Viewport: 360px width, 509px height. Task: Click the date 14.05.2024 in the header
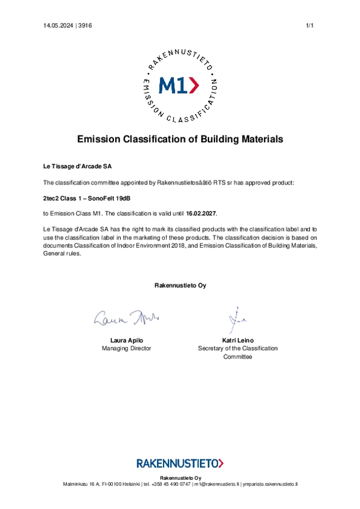pos(58,25)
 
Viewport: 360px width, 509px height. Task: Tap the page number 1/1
pos(309,25)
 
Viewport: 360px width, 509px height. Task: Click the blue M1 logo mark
pos(180,86)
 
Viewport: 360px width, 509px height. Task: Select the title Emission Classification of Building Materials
pos(180,139)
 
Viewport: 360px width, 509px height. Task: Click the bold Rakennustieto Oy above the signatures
pos(180,285)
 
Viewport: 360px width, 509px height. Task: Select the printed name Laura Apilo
pos(127,340)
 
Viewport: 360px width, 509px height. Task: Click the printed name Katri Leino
pos(238,340)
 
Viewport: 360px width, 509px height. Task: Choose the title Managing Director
pos(127,348)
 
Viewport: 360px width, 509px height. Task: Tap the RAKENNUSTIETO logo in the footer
pos(180,462)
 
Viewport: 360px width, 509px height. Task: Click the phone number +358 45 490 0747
pos(173,483)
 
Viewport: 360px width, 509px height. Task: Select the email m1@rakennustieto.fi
pos(215,483)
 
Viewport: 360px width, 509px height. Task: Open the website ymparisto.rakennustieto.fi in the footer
pos(269,483)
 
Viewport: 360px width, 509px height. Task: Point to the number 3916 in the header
pos(85,25)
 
